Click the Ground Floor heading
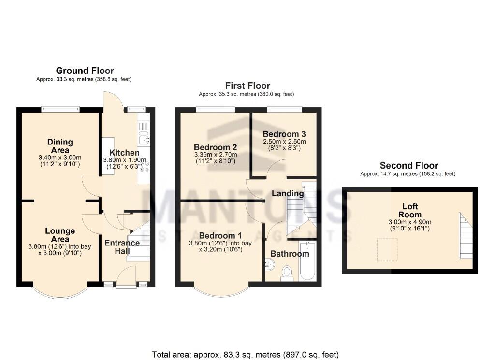pyautogui.click(x=85, y=71)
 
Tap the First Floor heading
pyautogui.click(x=247, y=86)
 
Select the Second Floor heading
pyautogui.click(x=408, y=165)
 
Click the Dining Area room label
pyautogui.click(x=60, y=146)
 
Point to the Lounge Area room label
pyautogui.click(x=60, y=235)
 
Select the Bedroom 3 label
pyautogui.click(x=284, y=134)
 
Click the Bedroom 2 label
pyautogui.click(x=215, y=147)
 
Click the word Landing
pyautogui.click(x=288, y=193)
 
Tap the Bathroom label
pyautogui.click(x=290, y=254)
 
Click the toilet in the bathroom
pyautogui.click(x=287, y=272)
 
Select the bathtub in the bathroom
pyautogui.click(x=307, y=261)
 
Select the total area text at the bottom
pyautogui.click(x=245, y=354)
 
